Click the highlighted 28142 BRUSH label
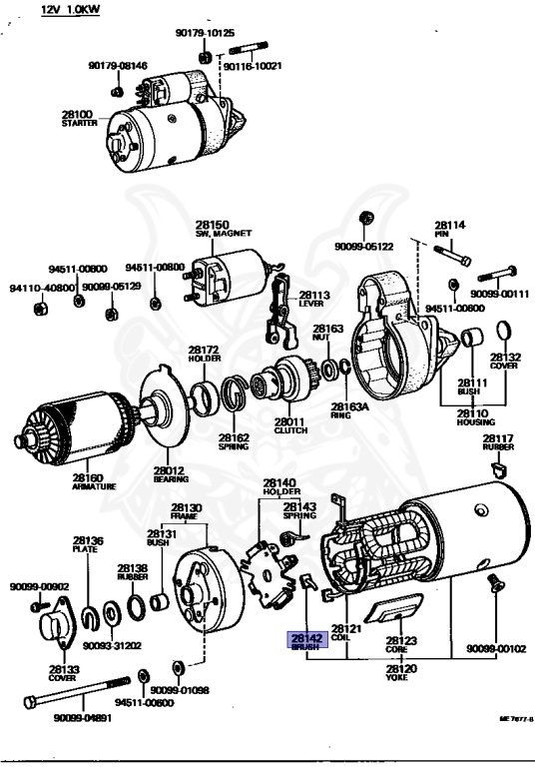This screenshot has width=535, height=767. pyautogui.click(x=305, y=641)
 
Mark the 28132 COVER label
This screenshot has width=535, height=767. pyautogui.click(x=505, y=362)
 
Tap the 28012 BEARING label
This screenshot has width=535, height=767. pyautogui.click(x=168, y=474)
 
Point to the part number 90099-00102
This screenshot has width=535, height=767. pyautogui.click(x=496, y=648)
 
